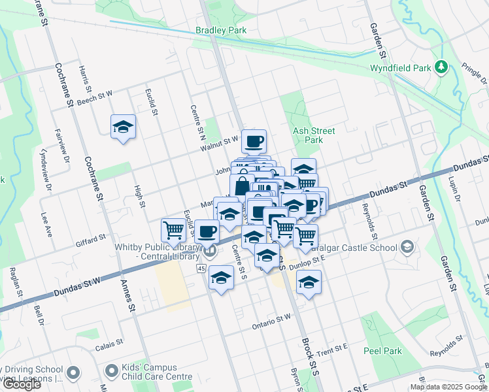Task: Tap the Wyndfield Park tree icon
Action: [x=442, y=67]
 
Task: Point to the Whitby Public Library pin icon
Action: [x=210, y=251]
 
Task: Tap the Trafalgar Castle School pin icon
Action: [x=407, y=247]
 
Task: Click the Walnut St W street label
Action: [x=220, y=140]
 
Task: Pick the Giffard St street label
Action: [x=90, y=238]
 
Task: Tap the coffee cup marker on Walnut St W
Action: [x=254, y=140]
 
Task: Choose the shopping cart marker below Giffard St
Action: [x=173, y=230]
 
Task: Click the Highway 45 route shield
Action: [x=200, y=269]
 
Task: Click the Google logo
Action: [x=21, y=384]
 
